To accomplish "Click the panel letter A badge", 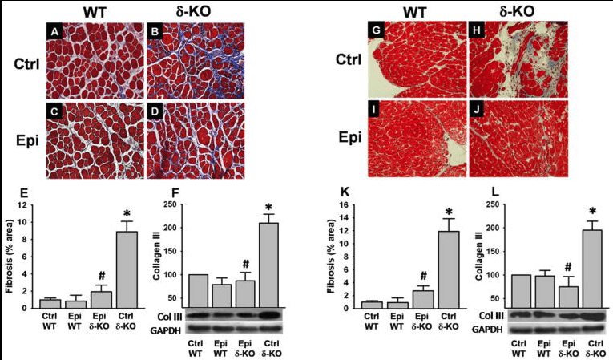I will [55, 32].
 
